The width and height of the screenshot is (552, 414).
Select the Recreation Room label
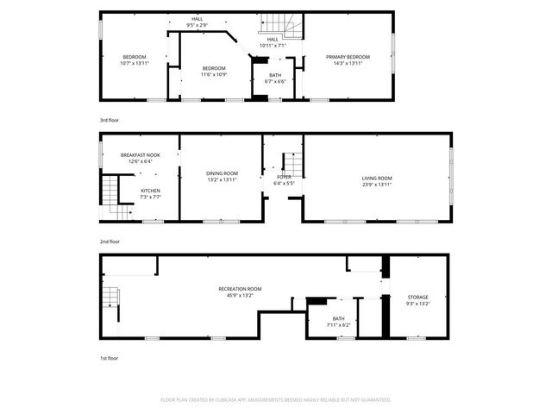tap(239, 289)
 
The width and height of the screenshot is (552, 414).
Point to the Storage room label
tap(417, 298)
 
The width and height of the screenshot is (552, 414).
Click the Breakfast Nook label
tap(139, 155)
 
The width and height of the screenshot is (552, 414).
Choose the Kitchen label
tap(151, 191)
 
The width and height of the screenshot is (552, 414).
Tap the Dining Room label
tap(222, 174)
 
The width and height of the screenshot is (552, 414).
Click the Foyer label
tap(285, 178)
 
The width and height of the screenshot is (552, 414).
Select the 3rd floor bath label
tap(275, 75)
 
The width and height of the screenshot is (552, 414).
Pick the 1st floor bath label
tap(338, 319)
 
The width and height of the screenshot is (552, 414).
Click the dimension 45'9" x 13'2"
tap(239, 295)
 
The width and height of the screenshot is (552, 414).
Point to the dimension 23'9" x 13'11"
tap(376, 185)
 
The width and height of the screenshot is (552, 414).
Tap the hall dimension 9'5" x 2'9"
tap(198, 25)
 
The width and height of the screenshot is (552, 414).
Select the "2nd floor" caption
tap(110, 241)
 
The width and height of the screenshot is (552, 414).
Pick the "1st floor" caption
tap(109, 357)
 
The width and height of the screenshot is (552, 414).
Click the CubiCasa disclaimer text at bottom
tap(276, 399)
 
